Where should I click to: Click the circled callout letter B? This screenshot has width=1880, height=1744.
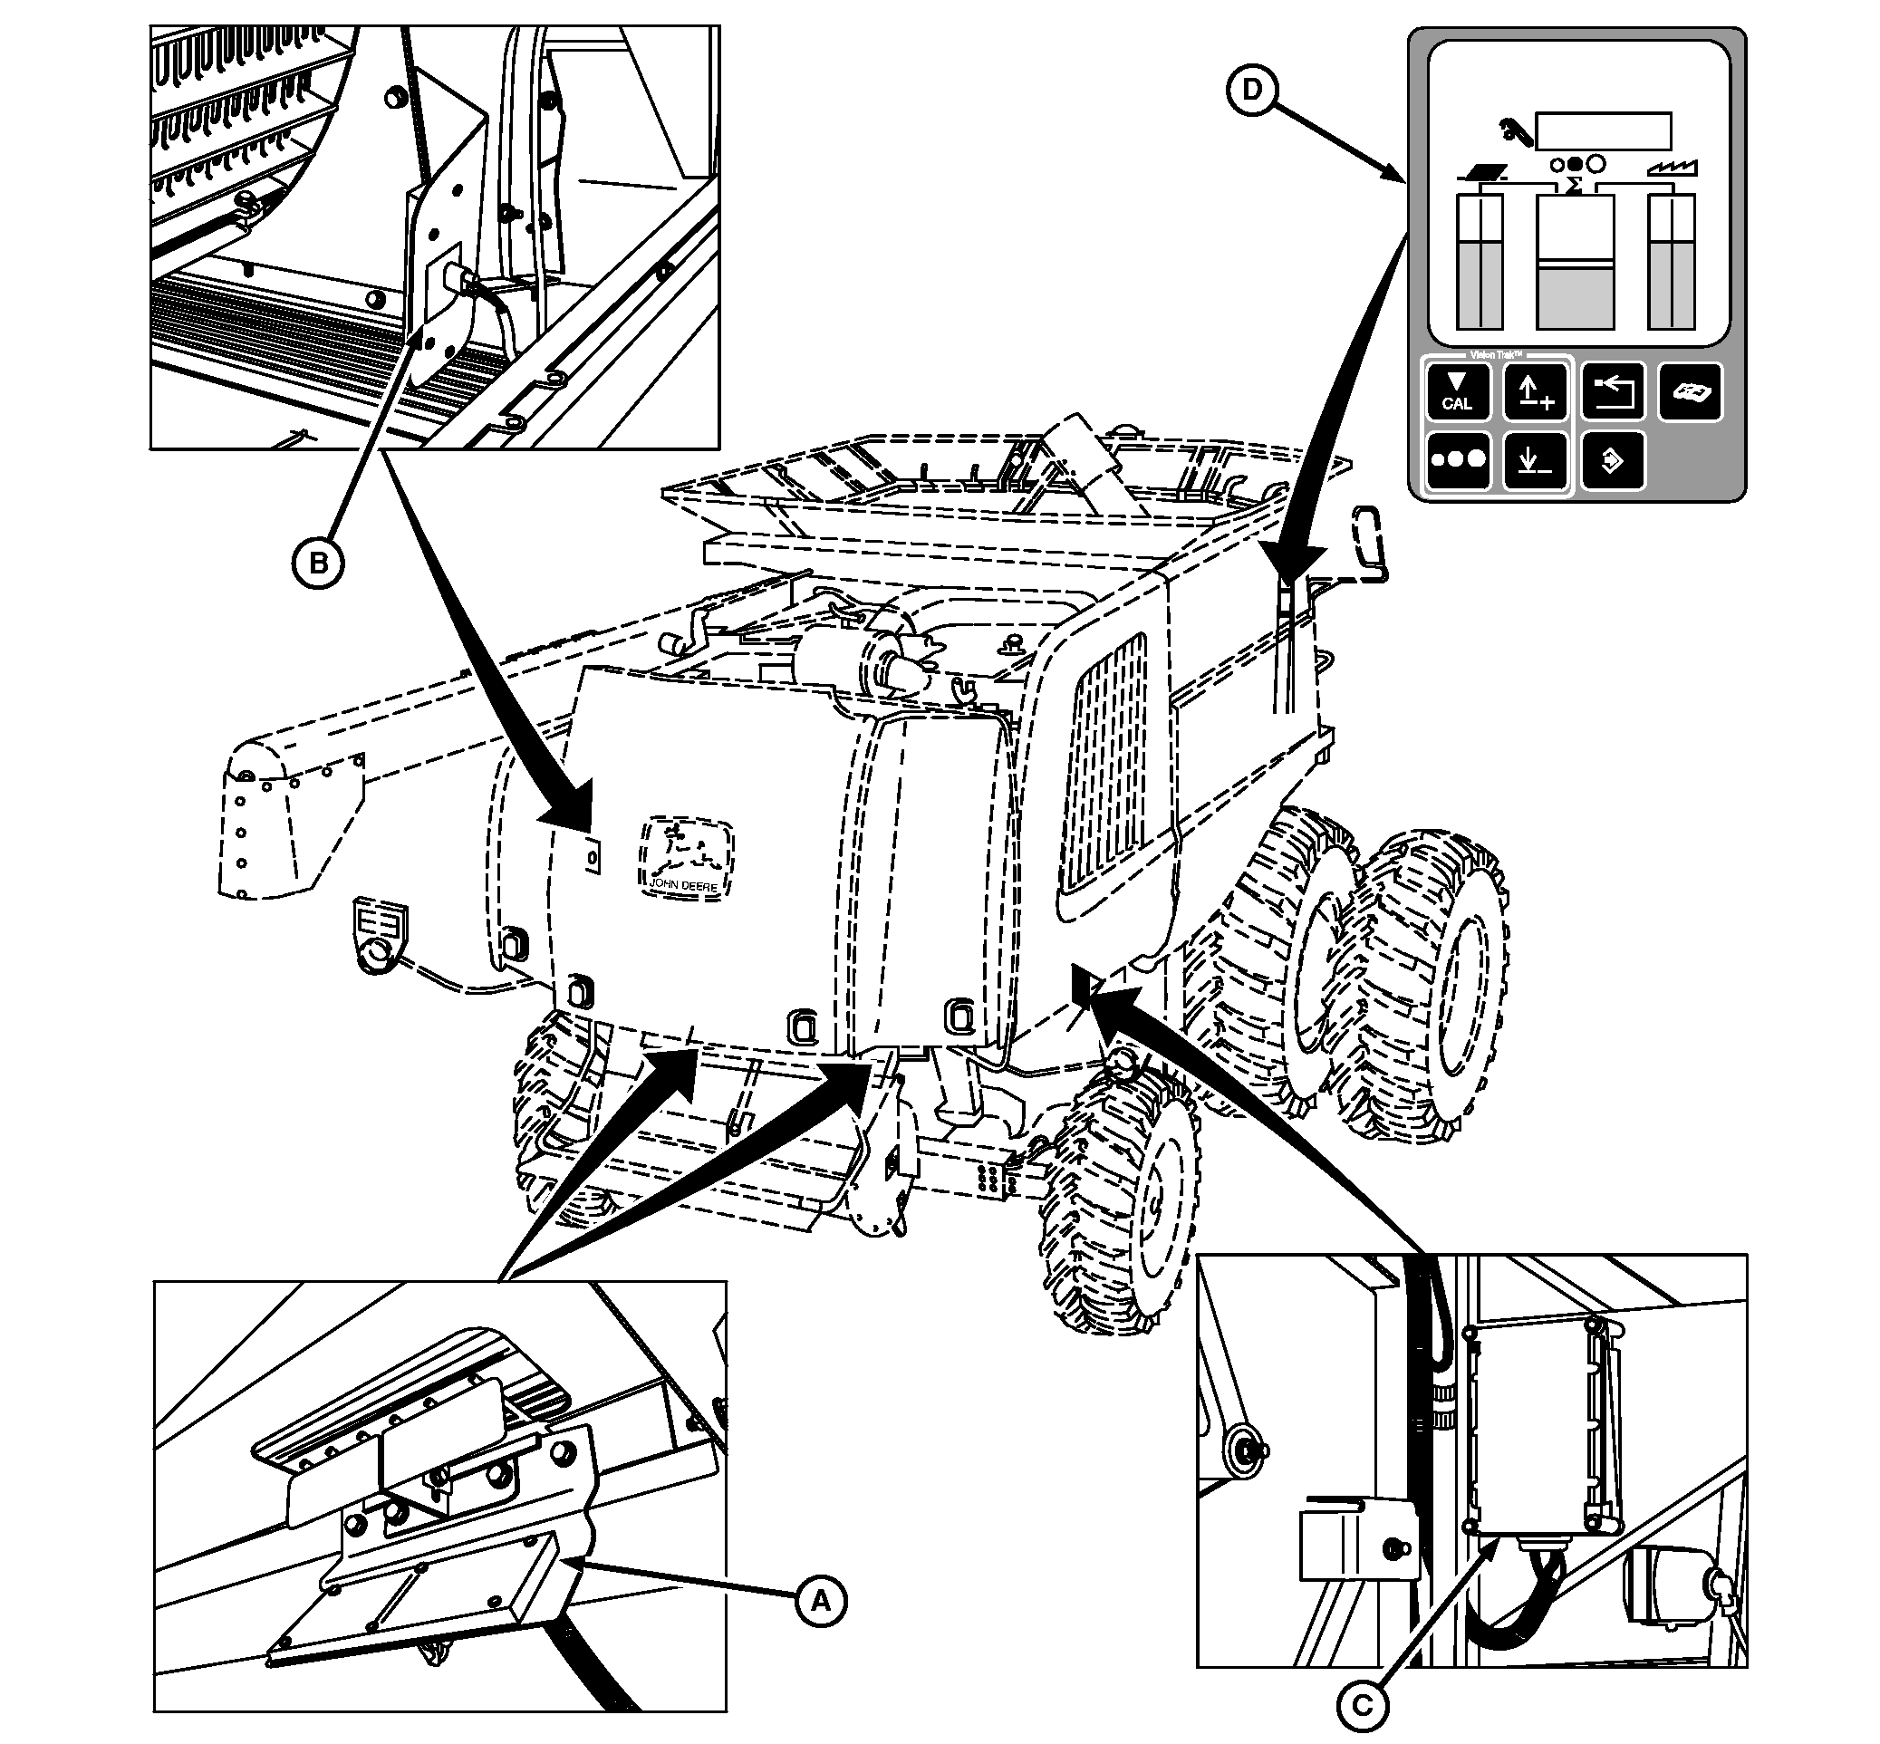pos(318,564)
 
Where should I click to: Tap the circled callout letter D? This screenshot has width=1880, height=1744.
pos(1251,90)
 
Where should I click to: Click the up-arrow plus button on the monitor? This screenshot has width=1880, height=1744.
pos(1535,391)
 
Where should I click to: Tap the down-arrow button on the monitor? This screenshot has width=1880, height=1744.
pos(1535,461)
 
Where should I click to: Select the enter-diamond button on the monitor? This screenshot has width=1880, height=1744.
pos(1612,461)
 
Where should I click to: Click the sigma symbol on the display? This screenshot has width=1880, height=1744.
pos(1572,185)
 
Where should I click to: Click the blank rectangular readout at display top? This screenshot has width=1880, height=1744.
pos(1603,131)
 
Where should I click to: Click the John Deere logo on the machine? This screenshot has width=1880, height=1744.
pos(686,856)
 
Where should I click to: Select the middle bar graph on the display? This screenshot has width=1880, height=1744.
pos(1575,262)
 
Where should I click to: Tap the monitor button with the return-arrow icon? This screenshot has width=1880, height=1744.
pos(1612,391)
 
